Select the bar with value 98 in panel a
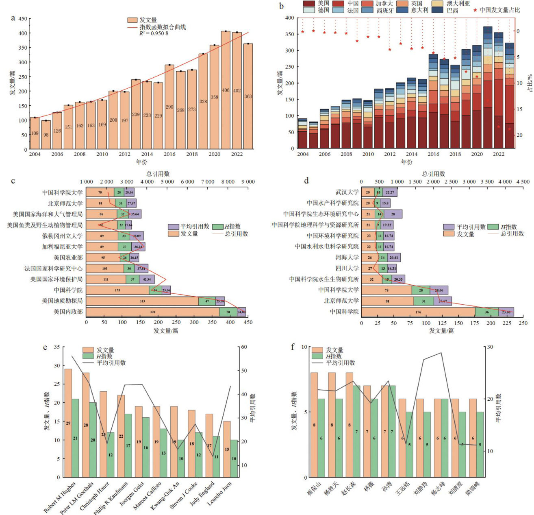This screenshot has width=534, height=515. coord(46,135)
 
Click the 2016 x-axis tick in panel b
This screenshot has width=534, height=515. coord(433,154)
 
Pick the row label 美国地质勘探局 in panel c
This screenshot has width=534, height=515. coord(62,301)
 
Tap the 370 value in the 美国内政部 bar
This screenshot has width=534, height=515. coord(152,312)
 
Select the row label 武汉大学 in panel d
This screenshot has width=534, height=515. coord(347,192)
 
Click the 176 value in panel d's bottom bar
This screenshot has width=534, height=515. coord(418,312)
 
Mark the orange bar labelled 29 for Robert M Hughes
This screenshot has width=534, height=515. coord(68,423)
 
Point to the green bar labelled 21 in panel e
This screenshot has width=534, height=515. coord(75,438)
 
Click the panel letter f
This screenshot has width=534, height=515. coord(293,347)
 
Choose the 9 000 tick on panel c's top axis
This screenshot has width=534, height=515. coord(247,182)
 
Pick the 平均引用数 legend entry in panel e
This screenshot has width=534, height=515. coord(111,363)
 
